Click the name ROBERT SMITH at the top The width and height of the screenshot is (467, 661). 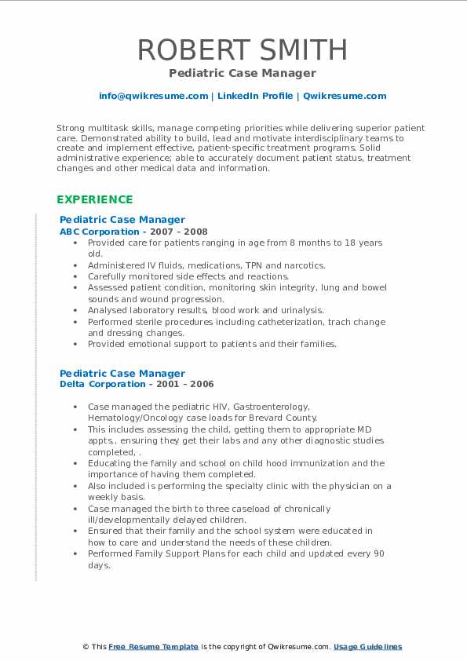tap(243, 49)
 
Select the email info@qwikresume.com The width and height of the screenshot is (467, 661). tap(154, 96)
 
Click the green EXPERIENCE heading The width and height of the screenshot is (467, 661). tap(94, 199)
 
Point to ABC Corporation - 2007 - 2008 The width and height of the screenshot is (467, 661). tap(133, 232)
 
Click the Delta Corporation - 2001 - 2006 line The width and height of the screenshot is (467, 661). tap(137, 384)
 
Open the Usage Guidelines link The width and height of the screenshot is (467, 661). tap(367, 646)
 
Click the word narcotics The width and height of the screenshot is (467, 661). tap(301, 265)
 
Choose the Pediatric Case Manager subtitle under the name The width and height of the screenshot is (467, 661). tap(243, 73)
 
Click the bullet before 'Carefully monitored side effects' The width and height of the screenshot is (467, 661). tap(75, 276)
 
